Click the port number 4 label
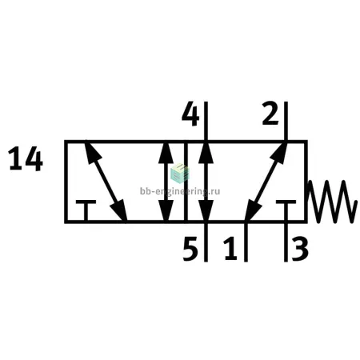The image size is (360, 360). (x=190, y=116)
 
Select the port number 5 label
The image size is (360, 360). (x=190, y=249)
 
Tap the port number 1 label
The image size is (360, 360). (x=230, y=249)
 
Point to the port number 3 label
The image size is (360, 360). (x=300, y=249)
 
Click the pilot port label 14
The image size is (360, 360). (x=26, y=161)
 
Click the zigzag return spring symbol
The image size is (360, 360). (x=332, y=202)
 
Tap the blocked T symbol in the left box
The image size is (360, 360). (x=86, y=210)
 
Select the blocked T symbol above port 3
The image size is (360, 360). (x=286, y=210)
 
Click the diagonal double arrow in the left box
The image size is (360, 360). (x=106, y=182)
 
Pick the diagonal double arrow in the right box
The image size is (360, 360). (x=266, y=182)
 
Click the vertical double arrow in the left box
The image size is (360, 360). (x=166, y=182)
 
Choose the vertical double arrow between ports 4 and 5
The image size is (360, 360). (x=206, y=182)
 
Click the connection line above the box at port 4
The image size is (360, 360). (x=206, y=121)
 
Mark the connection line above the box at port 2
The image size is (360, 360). (x=286, y=121)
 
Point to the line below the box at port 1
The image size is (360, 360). (x=246, y=242)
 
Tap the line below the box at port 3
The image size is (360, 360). (x=286, y=242)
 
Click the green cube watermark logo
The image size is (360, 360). (x=179, y=173)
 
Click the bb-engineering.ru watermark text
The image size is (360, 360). (x=180, y=191)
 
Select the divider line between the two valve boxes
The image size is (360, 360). (x=186, y=182)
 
